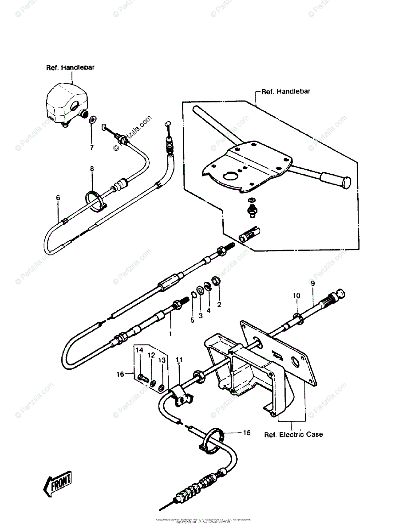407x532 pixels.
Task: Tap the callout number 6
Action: point(58,198)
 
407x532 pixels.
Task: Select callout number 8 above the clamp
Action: point(92,168)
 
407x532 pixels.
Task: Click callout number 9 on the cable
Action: point(312,283)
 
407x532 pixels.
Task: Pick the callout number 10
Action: point(296,295)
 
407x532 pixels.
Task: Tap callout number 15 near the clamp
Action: point(247,432)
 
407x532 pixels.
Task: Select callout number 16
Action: point(119,374)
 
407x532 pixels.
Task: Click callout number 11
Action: point(178,360)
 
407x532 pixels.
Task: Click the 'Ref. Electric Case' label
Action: point(293,434)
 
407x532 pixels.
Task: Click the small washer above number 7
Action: point(92,120)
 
